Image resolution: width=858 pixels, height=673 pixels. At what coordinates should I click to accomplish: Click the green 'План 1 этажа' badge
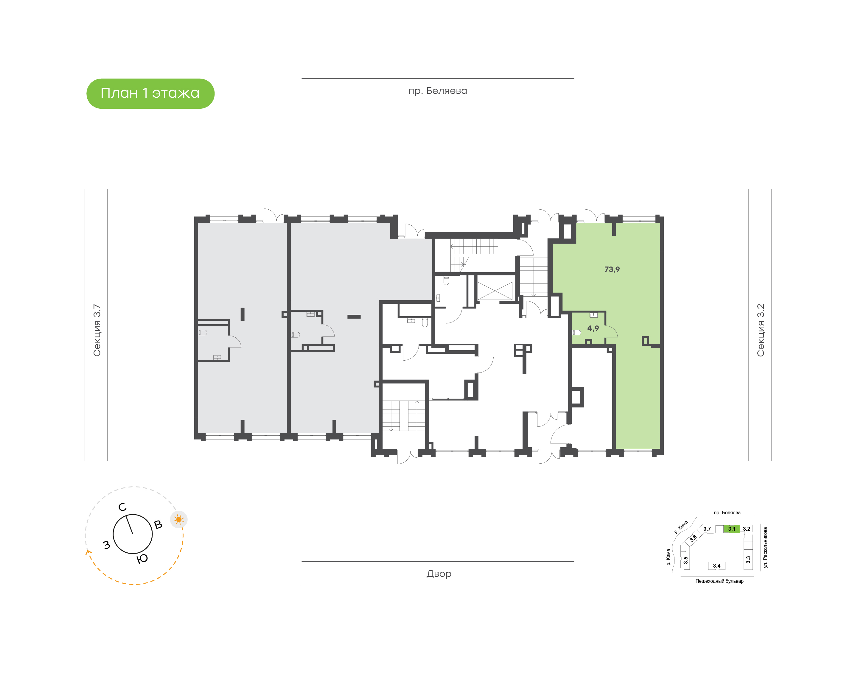150,94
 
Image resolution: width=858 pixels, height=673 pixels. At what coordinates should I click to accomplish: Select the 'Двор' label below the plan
439,574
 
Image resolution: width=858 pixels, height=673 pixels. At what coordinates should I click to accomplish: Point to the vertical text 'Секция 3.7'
97,330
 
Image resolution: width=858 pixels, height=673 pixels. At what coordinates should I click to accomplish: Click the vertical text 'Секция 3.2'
760,330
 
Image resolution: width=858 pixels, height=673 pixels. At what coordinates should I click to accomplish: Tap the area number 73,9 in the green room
612,269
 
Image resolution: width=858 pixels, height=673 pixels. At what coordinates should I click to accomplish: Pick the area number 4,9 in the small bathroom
593,328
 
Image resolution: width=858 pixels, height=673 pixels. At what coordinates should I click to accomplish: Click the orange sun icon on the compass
179,520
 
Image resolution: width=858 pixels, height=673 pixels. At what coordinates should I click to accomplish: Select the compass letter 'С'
122,507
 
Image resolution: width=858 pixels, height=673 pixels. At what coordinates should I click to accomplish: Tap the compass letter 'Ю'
142,559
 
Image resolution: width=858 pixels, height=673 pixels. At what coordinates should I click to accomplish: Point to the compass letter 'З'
106,545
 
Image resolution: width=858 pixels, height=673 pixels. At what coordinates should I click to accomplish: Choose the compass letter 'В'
158,524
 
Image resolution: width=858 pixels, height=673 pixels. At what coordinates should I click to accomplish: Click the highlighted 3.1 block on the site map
731,529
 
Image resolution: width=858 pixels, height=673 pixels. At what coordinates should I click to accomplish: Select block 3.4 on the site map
716,566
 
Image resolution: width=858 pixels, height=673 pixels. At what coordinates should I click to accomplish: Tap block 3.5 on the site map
686,560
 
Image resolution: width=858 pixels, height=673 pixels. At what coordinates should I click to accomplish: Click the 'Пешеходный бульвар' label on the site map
719,581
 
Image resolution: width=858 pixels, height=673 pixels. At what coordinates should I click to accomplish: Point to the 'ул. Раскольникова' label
765,547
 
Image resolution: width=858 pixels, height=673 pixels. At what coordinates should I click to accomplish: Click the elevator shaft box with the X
495,291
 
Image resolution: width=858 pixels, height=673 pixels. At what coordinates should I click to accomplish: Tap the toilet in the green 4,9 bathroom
576,333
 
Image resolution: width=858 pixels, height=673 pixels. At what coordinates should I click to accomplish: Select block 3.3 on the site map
748,560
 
